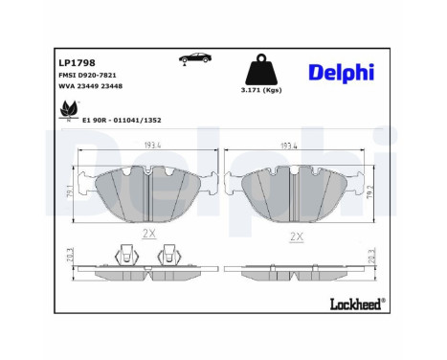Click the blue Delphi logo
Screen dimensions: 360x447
click(340, 74)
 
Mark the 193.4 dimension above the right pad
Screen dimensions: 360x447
click(291, 146)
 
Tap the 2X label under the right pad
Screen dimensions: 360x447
click(296, 236)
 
